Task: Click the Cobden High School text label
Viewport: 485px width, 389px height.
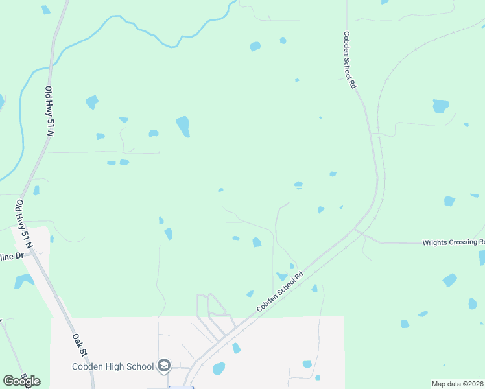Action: [113, 366]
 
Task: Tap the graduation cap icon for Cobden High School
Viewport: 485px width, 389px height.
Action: [163, 366]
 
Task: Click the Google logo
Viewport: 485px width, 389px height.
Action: [21, 381]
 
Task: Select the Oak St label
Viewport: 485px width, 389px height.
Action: [80, 346]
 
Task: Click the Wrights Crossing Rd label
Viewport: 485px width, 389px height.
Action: [453, 242]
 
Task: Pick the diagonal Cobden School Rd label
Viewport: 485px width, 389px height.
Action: [281, 292]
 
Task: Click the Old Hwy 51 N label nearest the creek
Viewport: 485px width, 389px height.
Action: [49, 111]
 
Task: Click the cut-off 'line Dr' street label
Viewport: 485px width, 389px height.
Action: [12, 257]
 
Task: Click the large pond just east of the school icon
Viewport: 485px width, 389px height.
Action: [219, 369]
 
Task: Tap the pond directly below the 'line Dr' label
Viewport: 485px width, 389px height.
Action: [23, 281]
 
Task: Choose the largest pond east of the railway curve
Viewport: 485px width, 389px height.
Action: [441, 106]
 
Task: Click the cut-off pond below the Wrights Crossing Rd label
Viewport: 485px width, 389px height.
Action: [482, 257]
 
